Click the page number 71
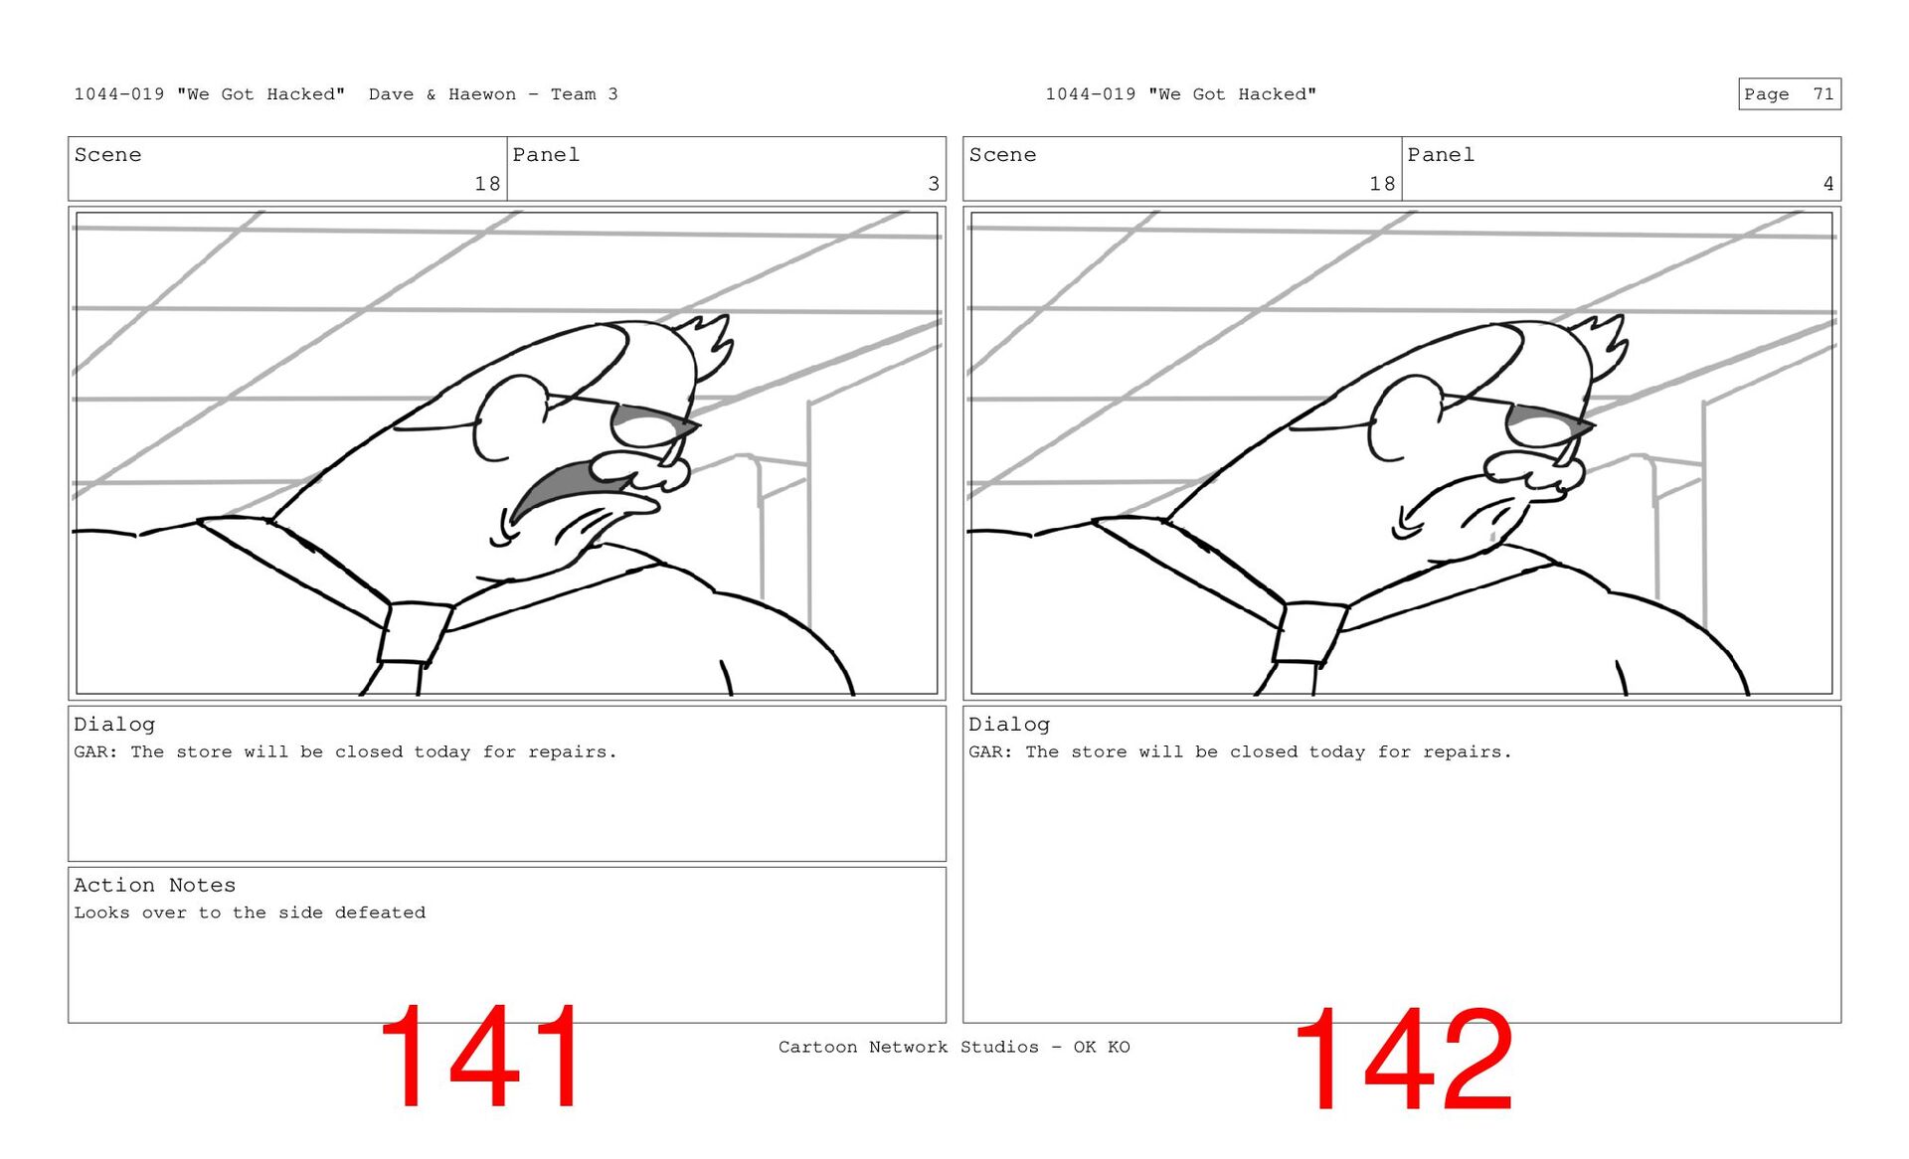coord(1822,94)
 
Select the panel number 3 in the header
coord(934,184)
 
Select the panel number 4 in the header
coord(1827,184)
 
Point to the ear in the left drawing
coord(509,417)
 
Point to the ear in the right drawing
coord(1404,417)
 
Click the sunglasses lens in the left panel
coord(651,425)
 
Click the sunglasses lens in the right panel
coord(1546,425)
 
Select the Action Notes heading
coord(154,885)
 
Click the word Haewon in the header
coord(482,94)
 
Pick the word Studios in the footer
coord(999,1047)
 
